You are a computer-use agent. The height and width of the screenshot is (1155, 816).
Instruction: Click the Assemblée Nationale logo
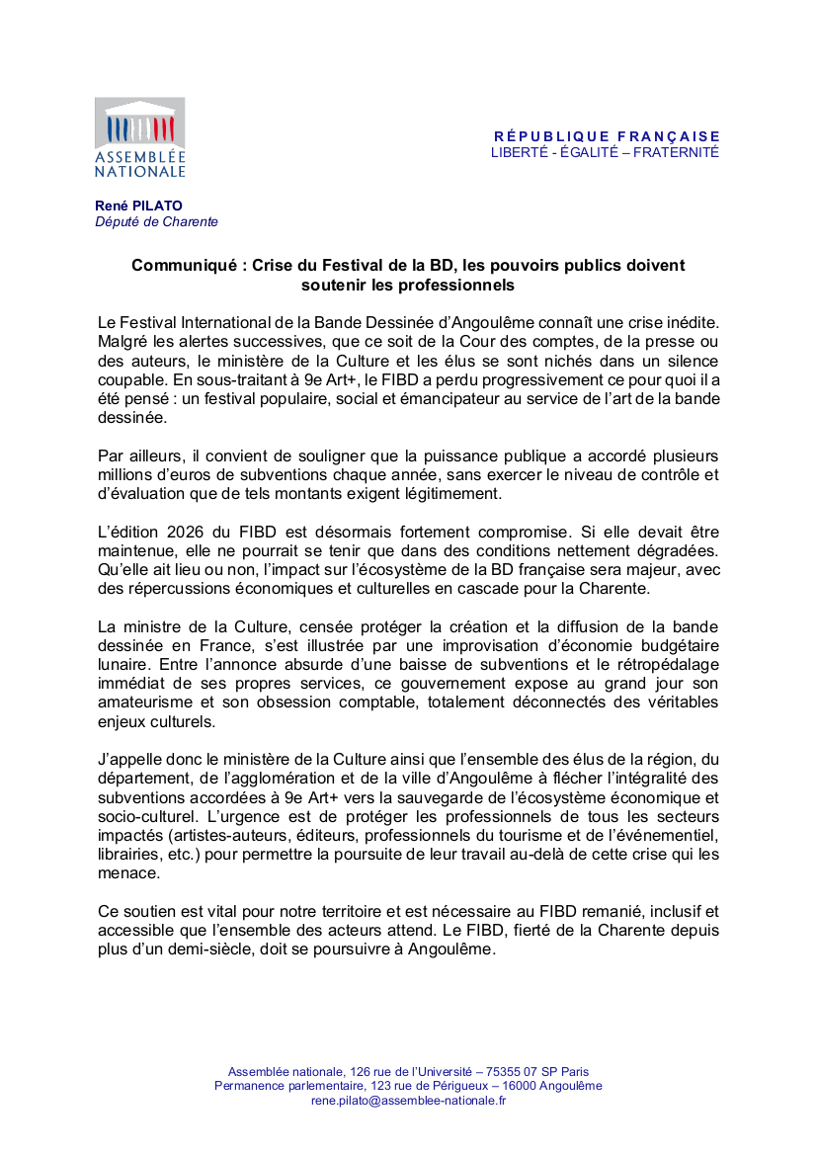[x=139, y=137]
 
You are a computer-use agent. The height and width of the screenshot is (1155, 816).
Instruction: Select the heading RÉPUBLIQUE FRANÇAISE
[x=607, y=136]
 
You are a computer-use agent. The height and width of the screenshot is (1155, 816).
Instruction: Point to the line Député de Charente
[x=156, y=222]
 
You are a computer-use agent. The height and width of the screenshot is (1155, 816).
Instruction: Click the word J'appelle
[x=129, y=760]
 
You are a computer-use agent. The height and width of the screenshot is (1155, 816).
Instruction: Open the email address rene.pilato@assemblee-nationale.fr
[x=408, y=1100]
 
